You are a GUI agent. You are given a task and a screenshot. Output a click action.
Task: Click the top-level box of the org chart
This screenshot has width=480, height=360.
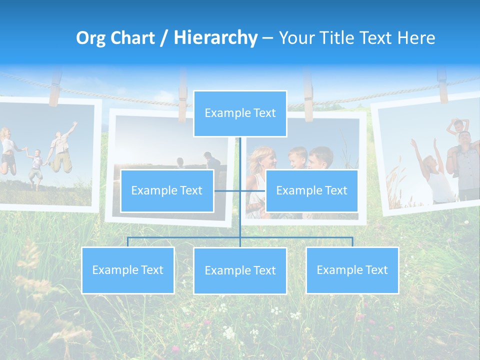pyautogui.click(x=240, y=113)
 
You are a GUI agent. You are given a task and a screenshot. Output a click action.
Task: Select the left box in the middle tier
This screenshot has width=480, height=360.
pyautogui.click(x=167, y=190)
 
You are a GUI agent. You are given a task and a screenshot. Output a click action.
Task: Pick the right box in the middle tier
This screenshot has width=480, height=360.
pyautogui.click(x=311, y=190)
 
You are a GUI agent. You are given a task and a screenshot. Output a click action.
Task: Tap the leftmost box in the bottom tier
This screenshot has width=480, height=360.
pyautogui.click(x=128, y=270)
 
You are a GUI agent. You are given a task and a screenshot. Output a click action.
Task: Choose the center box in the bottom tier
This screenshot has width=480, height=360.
pyautogui.click(x=240, y=270)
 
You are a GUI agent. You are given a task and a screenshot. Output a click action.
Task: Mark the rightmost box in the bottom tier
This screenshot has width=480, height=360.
pyautogui.click(x=352, y=270)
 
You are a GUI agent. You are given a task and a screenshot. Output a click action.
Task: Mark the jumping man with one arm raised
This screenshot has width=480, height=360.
pyautogui.click(x=61, y=150)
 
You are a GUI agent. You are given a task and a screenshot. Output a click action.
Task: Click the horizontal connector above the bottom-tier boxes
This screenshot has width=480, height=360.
pyautogui.click(x=240, y=237)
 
